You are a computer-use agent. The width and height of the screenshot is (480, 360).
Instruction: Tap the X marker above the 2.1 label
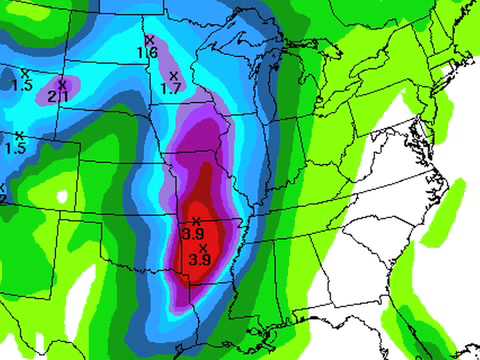(x=62, y=83)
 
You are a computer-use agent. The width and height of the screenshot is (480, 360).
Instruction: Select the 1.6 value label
(x=147, y=52)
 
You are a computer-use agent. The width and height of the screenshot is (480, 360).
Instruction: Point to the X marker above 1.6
(x=149, y=39)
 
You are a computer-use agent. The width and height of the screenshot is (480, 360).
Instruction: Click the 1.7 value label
(x=170, y=89)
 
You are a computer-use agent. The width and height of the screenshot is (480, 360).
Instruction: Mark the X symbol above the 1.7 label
(x=173, y=76)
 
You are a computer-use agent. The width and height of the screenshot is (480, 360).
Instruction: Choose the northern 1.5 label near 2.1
(x=22, y=86)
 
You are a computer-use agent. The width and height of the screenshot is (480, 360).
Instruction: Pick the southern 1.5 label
(x=15, y=149)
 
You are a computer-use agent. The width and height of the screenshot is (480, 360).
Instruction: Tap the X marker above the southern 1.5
(x=18, y=135)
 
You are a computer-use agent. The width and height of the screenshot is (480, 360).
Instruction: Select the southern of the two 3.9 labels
(x=200, y=260)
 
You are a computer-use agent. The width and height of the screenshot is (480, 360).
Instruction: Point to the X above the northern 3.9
(x=196, y=220)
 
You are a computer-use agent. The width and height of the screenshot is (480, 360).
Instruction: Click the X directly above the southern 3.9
(x=203, y=247)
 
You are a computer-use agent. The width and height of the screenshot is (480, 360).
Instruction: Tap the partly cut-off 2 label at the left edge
(x=3, y=199)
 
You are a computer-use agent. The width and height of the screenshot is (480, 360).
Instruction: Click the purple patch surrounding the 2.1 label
(x=60, y=92)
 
